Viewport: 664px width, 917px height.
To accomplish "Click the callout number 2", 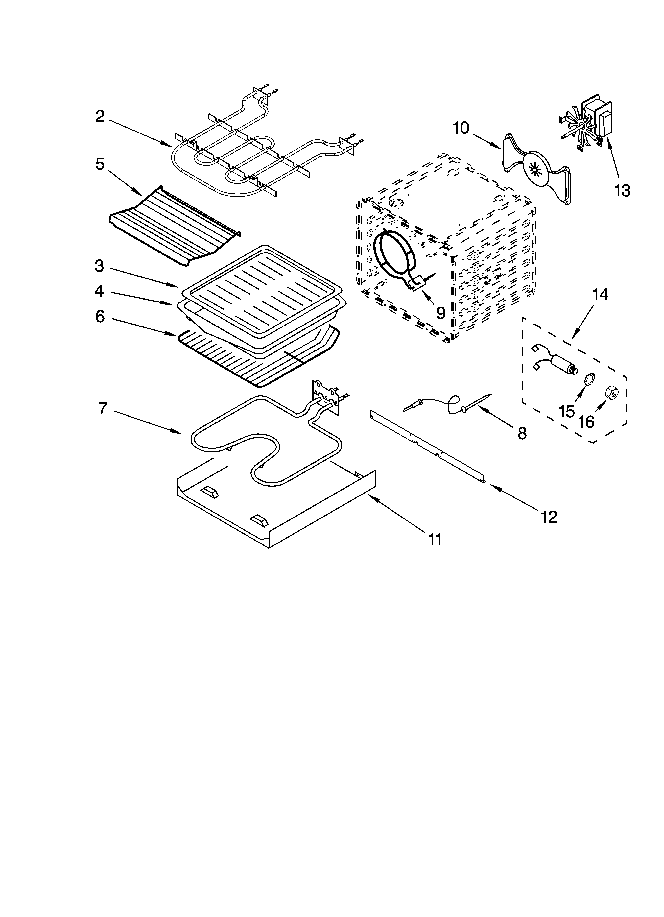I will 100,117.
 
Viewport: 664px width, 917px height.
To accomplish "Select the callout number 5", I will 100,164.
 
